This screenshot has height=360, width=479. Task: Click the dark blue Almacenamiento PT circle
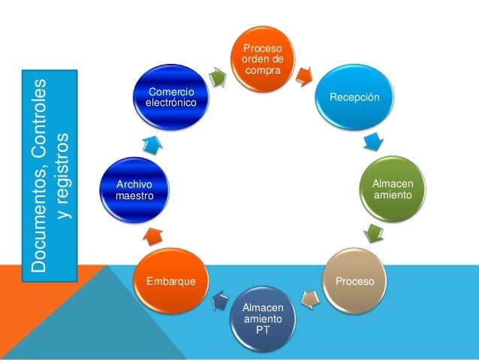[264, 318]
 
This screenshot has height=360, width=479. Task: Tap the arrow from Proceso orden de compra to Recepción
[305, 75]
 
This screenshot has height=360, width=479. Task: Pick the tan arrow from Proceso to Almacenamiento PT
[309, 301]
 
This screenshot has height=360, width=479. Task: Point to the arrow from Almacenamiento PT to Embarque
[221, 302]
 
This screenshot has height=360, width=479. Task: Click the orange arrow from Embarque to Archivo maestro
[152, 235]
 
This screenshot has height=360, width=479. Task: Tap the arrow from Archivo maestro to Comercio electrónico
[152, 144]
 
